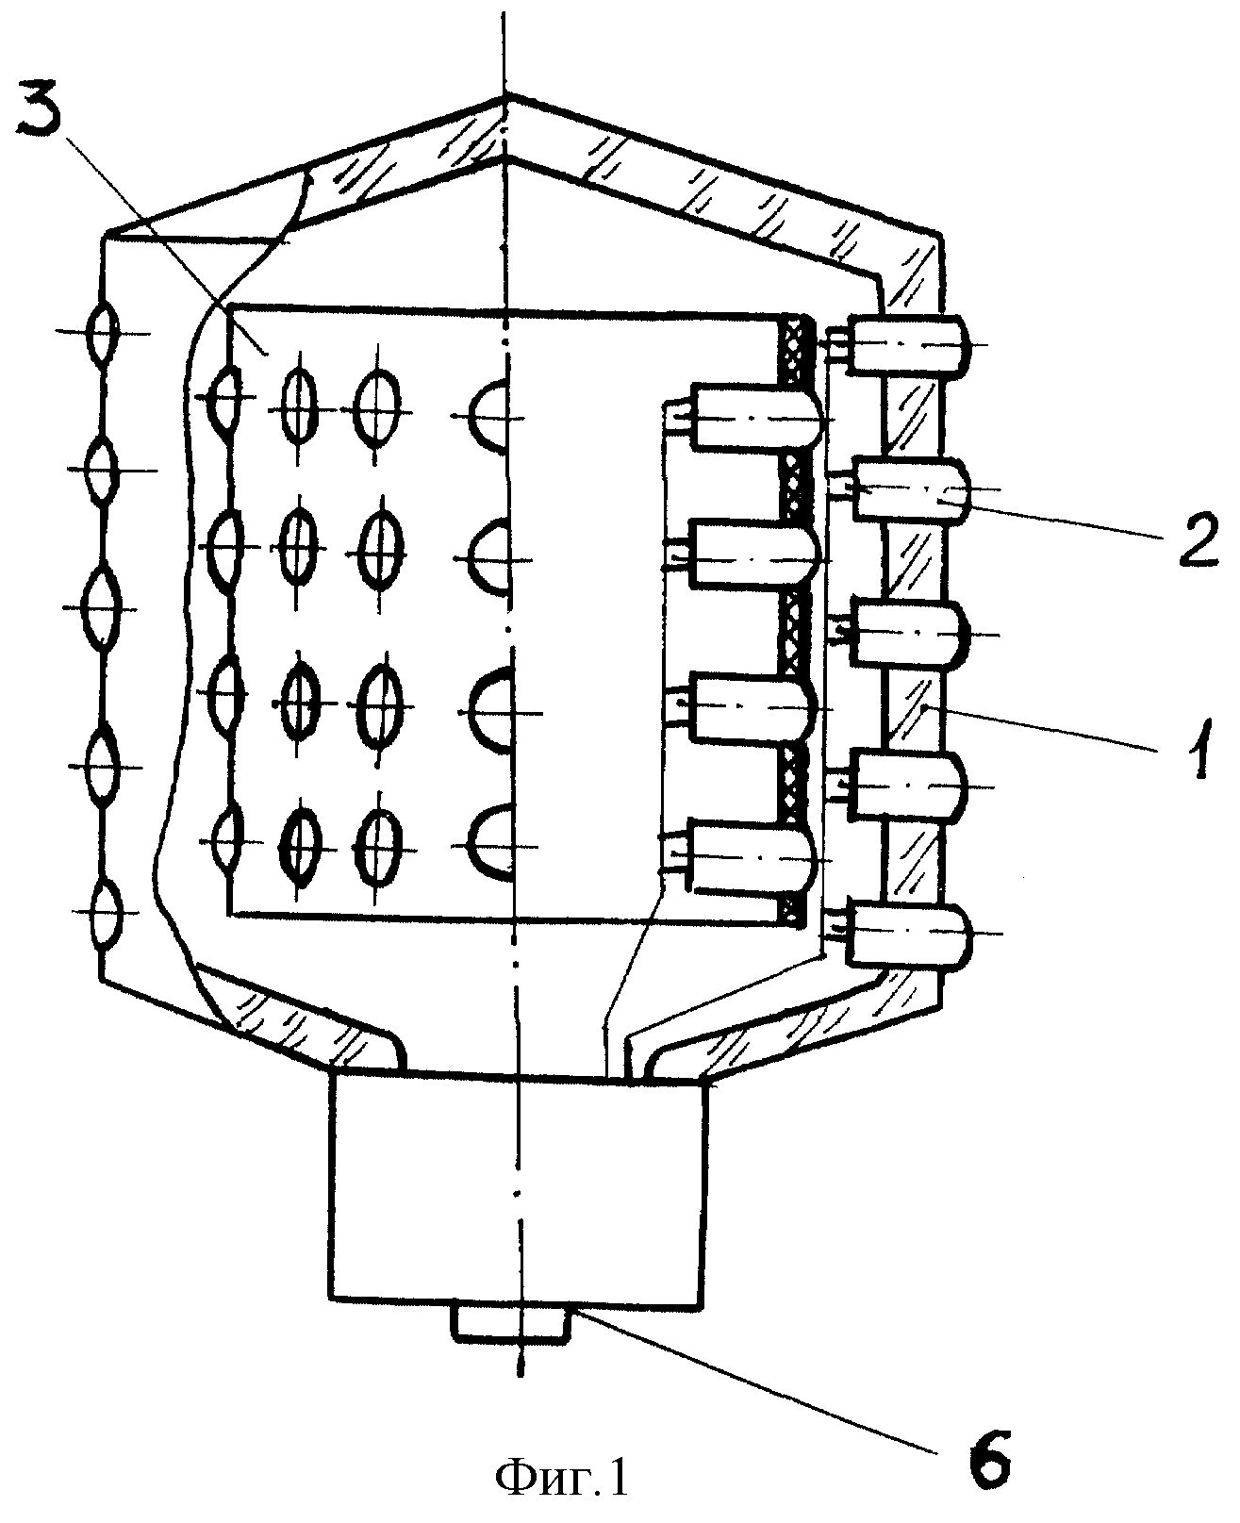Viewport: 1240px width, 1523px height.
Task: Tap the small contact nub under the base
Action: [x=510, y=1323]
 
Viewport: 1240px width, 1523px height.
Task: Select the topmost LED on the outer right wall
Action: [x=908, y=344]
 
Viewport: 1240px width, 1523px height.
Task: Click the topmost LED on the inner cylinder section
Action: [x=757, y=417]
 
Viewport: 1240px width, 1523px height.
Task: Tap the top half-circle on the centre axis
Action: [x=489, y=416]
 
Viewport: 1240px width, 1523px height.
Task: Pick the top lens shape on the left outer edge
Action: [x=102, y=332]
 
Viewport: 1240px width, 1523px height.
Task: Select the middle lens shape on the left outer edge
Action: [x=101, y=607]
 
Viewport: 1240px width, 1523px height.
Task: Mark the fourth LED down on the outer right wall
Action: [x=909, y=786]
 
